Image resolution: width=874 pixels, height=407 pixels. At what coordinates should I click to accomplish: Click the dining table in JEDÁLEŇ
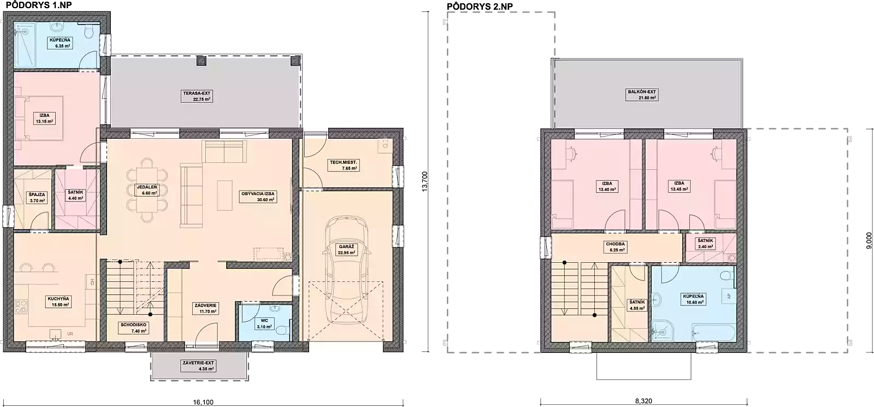[x=146, y=190]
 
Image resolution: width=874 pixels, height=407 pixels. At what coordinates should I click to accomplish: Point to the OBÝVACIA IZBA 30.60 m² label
[x=258, y=197]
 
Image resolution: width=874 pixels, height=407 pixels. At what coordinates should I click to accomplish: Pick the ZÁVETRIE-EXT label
[x=198, y=366]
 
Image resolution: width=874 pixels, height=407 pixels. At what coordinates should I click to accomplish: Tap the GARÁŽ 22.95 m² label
[x=346, y=250]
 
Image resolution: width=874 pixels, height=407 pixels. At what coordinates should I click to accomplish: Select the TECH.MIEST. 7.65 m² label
[x=343, y=166]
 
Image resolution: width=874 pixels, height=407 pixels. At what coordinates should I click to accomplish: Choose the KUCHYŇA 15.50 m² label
[x=58, y=302]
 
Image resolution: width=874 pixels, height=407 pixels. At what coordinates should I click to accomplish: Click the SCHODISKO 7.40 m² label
[x=134, y=328]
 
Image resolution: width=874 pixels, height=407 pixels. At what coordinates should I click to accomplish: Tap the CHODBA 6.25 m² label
[x=615, y=247]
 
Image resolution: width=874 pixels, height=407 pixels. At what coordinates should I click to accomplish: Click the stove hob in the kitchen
[x=22, y=306]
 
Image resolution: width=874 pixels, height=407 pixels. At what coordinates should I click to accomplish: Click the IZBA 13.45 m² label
[x=679, y=186]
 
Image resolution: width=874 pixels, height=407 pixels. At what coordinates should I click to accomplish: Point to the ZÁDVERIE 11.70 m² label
[x=205, y=309]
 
